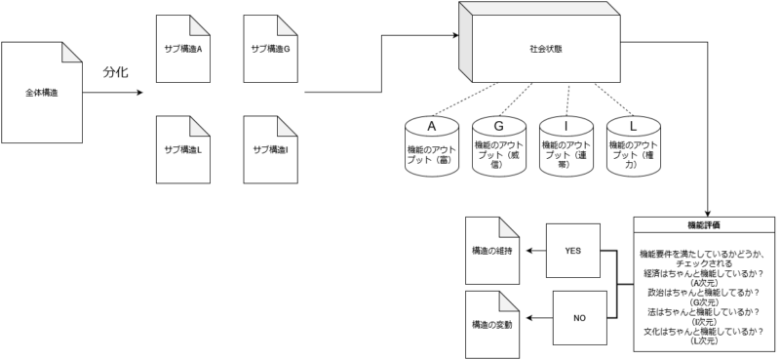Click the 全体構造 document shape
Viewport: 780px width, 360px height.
coord(42,93)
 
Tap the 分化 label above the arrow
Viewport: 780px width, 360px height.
coord(116,72)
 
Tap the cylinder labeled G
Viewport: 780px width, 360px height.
coord(499,146)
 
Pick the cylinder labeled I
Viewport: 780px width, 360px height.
coord(565,146)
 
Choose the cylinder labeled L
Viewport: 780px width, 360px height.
coord(633,146)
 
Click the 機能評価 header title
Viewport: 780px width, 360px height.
coord(704,224)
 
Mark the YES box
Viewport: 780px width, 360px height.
coord(572,251)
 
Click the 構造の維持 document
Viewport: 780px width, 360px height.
coord(491,251)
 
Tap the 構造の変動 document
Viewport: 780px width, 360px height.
coord(491,322)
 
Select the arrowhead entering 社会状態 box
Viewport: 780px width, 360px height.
coord(457,36)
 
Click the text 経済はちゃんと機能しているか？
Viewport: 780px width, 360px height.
coord(704,275)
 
